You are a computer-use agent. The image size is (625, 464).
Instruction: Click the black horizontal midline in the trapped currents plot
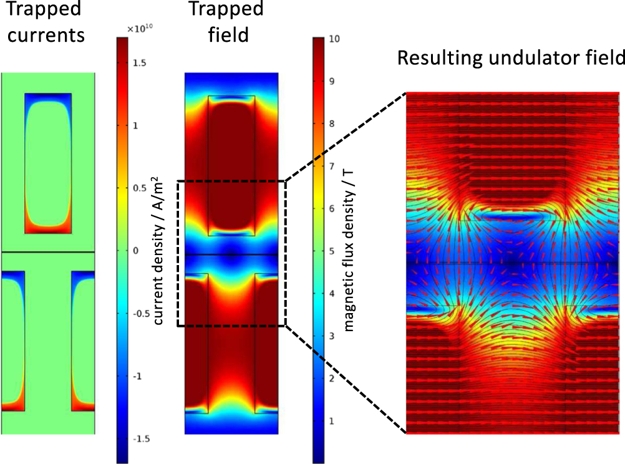pos(48,252)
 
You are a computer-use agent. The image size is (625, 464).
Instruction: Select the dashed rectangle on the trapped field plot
pos(178,253)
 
